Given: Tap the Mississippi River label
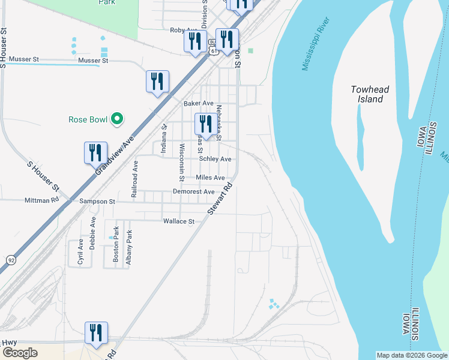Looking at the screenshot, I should tap(317, 47).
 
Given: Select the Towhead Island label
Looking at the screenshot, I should tap(370, 94).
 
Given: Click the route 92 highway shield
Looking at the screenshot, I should tap(11, 260).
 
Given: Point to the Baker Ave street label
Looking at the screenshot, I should tap(199, 103).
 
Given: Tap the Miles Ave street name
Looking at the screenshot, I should tap(210, 178).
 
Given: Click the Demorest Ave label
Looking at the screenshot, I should tap(193, 191).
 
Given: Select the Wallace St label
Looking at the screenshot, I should tap(179, 221).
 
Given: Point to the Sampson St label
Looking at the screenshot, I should tap(97, 202).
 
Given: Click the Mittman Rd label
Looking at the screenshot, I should tap(41, 200).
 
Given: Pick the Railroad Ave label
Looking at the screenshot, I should tap(135, 179).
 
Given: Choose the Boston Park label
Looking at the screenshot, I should tap(116, 246).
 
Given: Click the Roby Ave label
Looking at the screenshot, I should tap(184, 30).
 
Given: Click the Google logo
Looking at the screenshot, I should tap(20, 353).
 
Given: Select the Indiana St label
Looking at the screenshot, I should tap(163, 138).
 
